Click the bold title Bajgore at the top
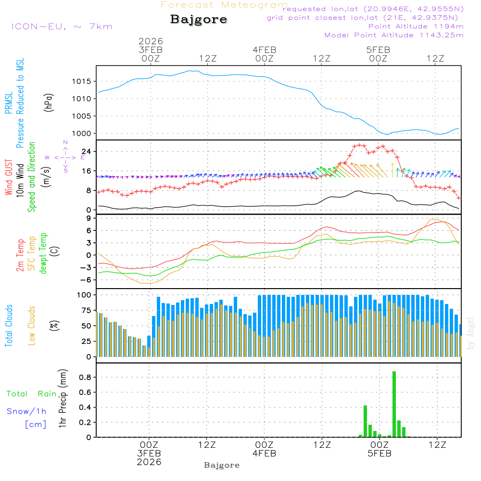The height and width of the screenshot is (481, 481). pos(199,20)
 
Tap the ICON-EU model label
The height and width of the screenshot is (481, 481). pos(61,26)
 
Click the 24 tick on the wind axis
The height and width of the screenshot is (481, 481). pos(87,152)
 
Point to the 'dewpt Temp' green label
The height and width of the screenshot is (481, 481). pos(43,253)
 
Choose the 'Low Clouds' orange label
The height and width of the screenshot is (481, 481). pos(32,326)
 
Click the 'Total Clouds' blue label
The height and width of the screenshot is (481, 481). pos(9,326)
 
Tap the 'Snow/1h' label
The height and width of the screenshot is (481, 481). pos(27,412)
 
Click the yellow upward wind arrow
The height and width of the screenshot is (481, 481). pos(393,170)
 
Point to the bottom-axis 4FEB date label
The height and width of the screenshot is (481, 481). pos(264,454)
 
